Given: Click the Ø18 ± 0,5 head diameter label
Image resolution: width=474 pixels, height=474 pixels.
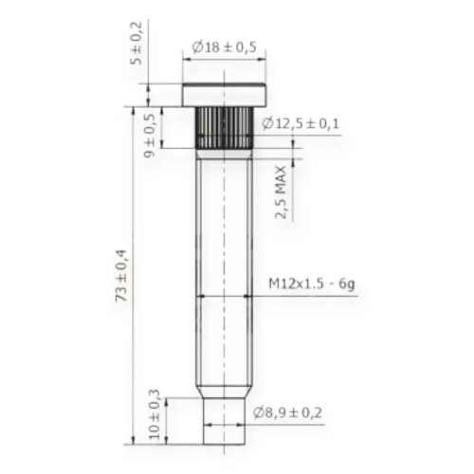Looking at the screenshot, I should pyautogui.click(x=225, y=47).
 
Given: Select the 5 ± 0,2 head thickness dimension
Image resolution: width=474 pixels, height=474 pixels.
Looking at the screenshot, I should pyautogui.click(x=136, y=42).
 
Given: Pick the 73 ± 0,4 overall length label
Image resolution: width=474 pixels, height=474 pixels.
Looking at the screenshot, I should pyautogui.click(x=121, y=275).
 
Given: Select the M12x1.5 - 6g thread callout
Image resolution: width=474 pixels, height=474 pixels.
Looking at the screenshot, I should pyautogui.click(x=311, y=283).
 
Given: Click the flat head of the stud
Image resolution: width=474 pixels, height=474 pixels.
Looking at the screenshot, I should pyautogui.click(x=225, y=95).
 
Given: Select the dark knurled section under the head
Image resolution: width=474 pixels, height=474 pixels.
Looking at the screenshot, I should pyautogui.click(x=223, y=128).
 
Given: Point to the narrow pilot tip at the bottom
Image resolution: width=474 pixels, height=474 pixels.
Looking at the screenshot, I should pyautogui.click(x=224, y=422).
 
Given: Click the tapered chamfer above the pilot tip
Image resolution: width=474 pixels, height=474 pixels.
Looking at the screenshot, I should pyautogui.click(x=224, y=391).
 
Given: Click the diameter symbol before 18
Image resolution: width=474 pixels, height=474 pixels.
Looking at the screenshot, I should pyautogui.click(x=195, y=47).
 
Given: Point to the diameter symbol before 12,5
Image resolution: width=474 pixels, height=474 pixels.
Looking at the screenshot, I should pyautogui.click(x=267, y=123).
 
